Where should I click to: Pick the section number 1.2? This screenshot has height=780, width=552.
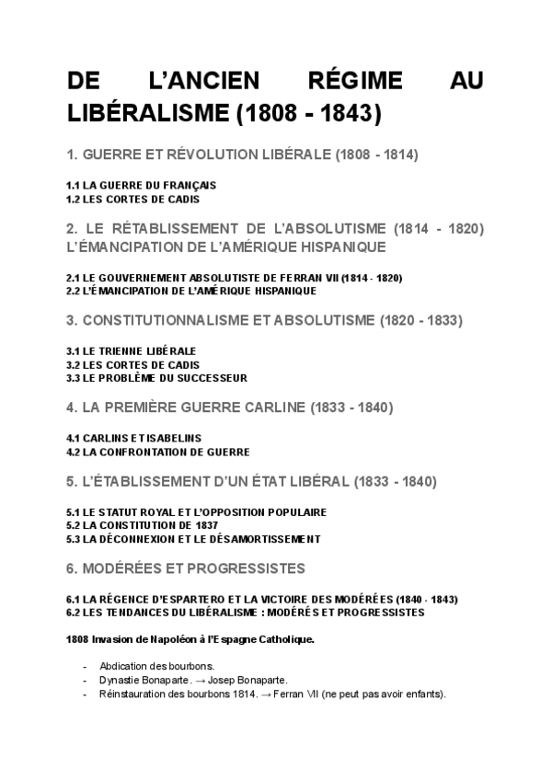click(74, 198)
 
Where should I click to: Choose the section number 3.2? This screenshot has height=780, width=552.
click(74, 364)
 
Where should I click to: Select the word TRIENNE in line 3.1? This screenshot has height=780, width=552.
click(124, 351)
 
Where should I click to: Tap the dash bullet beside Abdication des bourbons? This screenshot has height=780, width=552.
click(86, 666)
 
